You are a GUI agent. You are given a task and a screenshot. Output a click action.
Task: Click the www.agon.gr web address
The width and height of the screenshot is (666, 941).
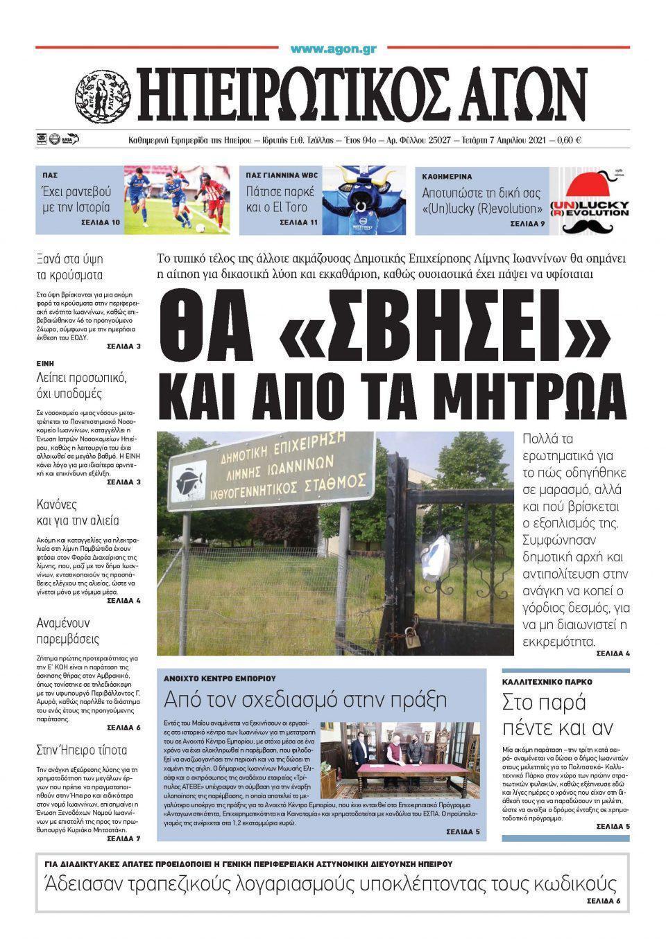click(333, 49)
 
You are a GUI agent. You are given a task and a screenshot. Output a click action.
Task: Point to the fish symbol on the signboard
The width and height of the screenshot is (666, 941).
click(189, 479)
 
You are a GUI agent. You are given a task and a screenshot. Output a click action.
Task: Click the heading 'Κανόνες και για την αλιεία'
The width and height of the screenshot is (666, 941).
click(78, 512)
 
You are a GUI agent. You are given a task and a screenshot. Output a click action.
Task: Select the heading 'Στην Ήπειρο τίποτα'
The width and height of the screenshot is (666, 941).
click(81, 750)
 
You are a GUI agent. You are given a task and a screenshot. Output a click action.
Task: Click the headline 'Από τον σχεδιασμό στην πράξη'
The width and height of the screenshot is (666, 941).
click(305, 698)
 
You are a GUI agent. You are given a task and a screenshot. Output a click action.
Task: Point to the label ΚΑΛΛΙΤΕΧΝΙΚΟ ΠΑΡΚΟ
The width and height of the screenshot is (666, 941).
click(547, 682)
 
